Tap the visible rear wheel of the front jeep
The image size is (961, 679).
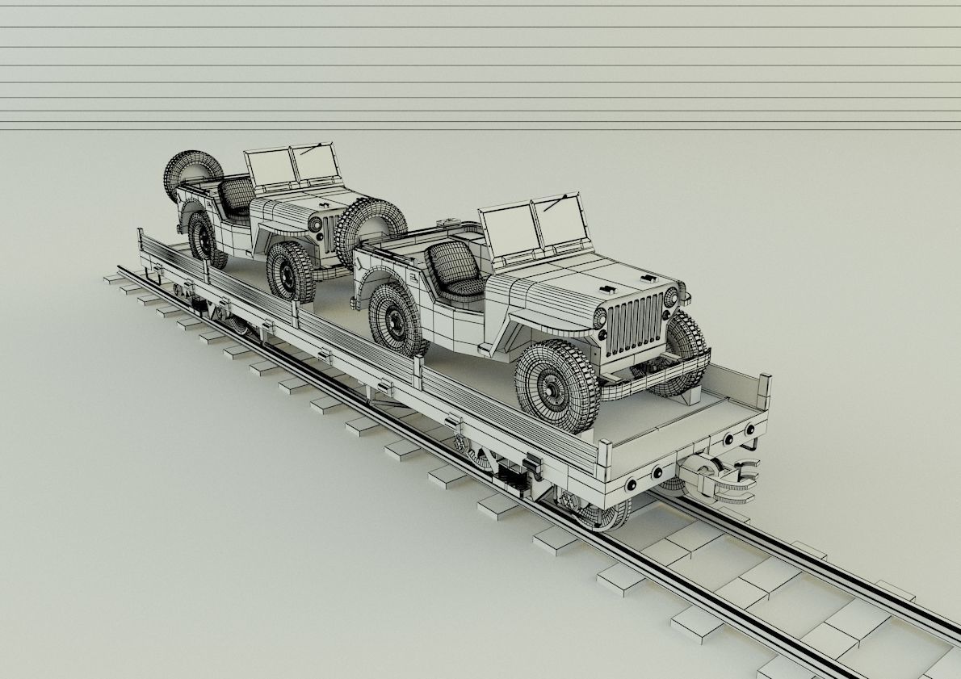[x=397, y=319]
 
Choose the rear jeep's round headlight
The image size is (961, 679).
[x=315, y=224]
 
